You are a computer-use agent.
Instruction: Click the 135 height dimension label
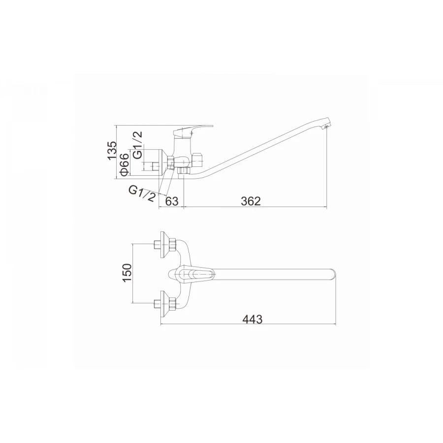(112, 150)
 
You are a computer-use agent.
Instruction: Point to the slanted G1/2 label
(142, 193)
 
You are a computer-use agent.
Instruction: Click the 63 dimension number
(172, 201)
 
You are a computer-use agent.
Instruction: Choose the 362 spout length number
(251, 201)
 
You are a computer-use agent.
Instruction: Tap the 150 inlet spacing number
(127, 273)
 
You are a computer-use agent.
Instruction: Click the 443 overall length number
(253, 319)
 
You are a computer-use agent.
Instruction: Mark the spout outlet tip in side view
(326, 127)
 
